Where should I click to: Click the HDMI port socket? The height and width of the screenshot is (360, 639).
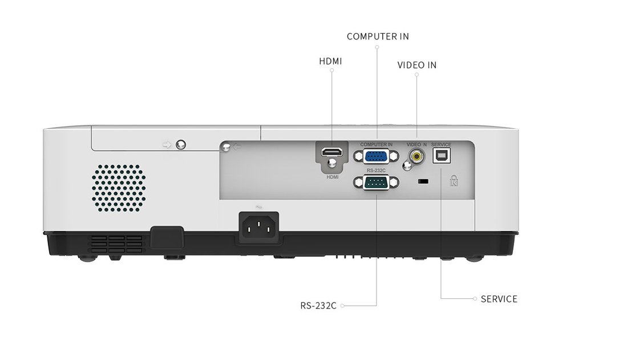pos(332,153)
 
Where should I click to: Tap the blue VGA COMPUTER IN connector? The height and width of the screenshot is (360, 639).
pos(376,156)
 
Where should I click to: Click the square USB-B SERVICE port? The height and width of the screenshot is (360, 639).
pos(442,156)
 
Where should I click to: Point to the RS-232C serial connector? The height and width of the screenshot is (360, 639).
pos(376,183)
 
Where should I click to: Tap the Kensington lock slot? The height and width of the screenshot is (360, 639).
pos(423,182)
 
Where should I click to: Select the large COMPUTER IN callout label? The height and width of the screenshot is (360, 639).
pos(378,37)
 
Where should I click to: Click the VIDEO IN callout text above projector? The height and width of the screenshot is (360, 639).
pos(416,65)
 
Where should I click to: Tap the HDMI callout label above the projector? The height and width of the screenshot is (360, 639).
pos(330,60)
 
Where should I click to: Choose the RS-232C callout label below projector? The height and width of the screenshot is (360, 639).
pos(318,305)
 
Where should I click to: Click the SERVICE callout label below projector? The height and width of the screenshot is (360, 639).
pos(499,298)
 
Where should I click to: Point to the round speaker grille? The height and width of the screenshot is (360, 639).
pos(119,187)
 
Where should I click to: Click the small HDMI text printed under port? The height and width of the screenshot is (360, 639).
pos(333,177)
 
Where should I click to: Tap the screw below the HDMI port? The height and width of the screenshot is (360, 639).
pos(332,165)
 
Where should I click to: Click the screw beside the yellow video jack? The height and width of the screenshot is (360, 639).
pos(406,166)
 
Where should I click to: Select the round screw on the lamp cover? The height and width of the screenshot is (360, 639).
pos(181,144)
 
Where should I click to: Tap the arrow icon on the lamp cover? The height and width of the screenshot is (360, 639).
pos(167,145)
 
